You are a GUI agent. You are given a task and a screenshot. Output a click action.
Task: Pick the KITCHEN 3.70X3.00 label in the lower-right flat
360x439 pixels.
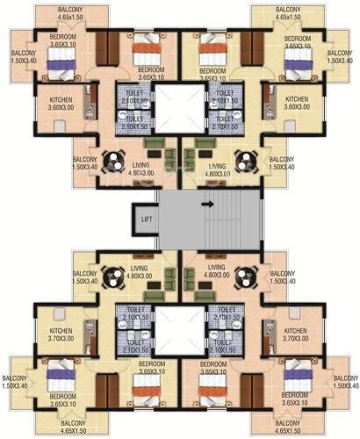[x=296, y=334]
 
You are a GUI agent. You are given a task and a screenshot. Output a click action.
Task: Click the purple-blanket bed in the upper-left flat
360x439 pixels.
[x=60, y=60]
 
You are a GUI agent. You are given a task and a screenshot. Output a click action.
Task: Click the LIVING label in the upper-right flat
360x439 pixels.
[x=216, y=169]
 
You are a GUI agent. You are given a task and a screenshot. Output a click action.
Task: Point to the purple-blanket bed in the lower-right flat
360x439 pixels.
[x=301, y=376]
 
